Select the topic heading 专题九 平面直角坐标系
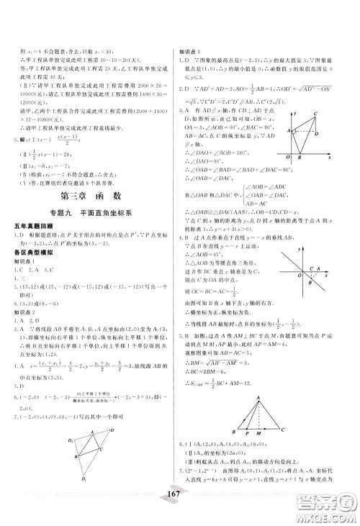[90, 235]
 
